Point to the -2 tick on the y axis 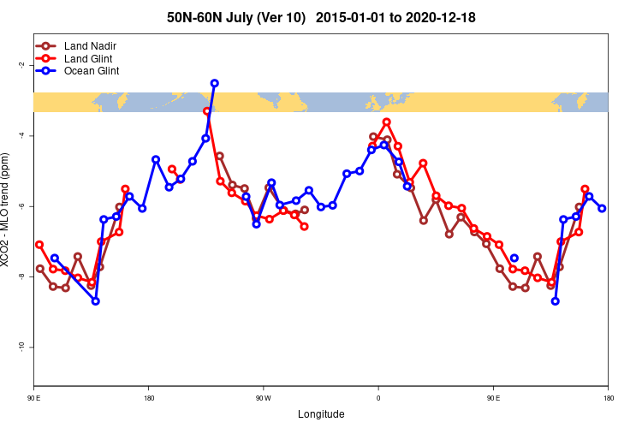pos(21,65)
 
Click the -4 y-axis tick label pos(21,136)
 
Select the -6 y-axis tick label pos(21,206)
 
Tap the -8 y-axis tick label pos(21,276)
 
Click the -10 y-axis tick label pos(21,347)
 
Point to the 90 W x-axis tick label pos(263,398)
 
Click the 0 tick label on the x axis pos(378,398)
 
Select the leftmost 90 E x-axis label pos(34,398)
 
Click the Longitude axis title pos(321,414)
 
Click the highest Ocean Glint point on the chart pos(214,83)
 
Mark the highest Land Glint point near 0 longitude pos(386,122)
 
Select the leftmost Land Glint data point pos(39,245)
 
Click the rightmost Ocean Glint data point pos(602,208)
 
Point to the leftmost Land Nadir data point pos(39,269)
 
